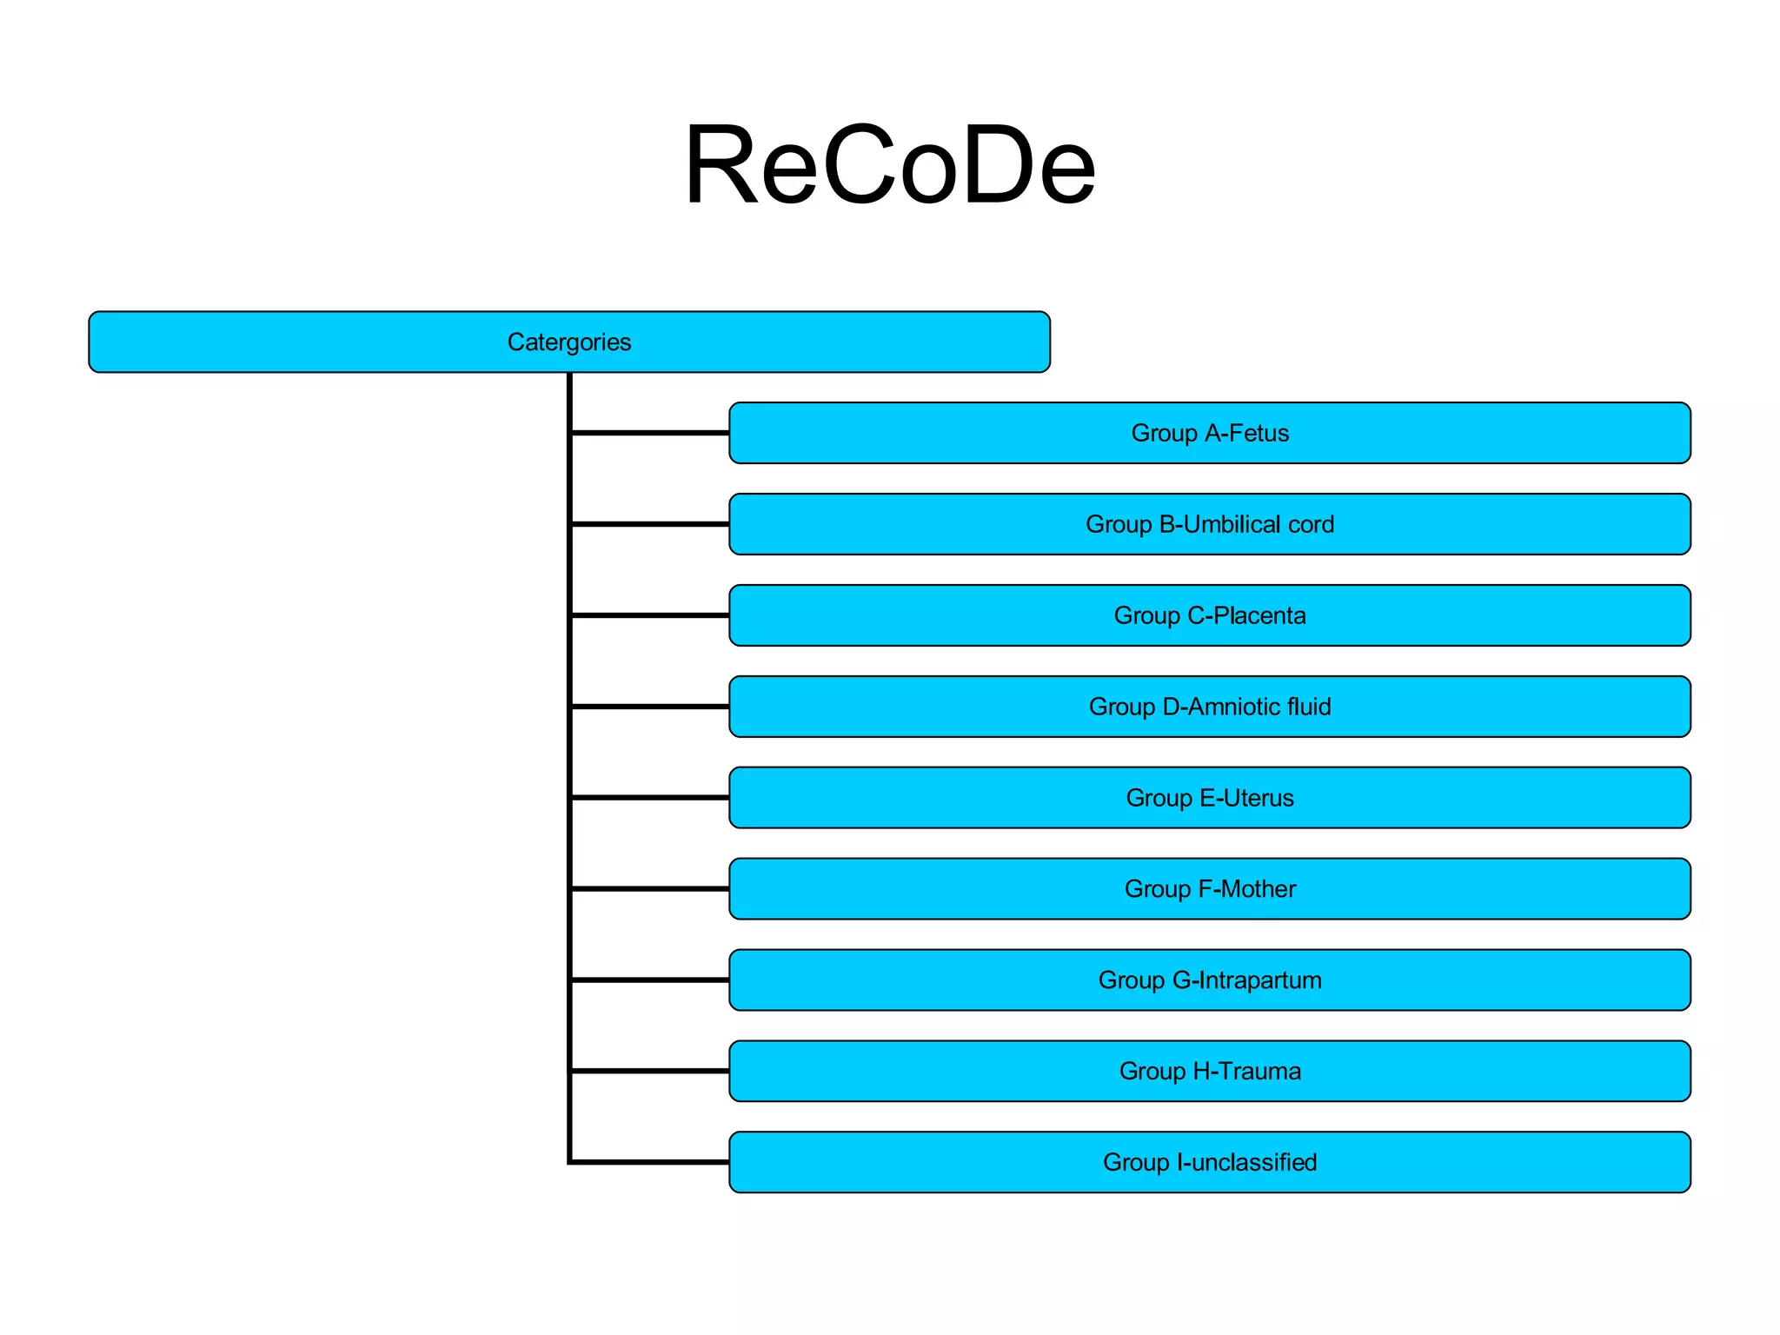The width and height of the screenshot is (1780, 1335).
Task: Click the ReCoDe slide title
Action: [x=889, y=165]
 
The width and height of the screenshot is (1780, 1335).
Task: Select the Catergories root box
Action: [x=569, y=342]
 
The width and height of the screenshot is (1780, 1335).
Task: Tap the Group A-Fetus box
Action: [x=1209, y=433]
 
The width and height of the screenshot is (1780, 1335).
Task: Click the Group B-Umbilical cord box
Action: [x=1209, y=524]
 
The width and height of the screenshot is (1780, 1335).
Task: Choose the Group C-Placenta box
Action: [x=1209, y=615]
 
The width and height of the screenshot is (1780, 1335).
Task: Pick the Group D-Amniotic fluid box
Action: [x=1209, y=707]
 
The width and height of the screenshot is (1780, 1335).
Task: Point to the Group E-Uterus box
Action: [x=1209, y=798]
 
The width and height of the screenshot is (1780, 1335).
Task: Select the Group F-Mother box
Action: [x=1209, y=889]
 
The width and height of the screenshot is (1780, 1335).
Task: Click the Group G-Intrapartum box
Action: [x=1209, y=980]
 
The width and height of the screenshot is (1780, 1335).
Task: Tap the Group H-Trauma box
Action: [x=1209, y=1071]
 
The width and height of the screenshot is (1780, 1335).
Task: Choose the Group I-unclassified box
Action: [x=1209, y=1162]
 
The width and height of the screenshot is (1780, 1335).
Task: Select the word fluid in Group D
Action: [x=1309, y=707]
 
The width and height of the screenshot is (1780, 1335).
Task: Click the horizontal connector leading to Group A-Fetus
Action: [x=650, y=432]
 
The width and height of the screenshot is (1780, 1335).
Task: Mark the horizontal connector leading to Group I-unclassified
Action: [x=650, y=1161]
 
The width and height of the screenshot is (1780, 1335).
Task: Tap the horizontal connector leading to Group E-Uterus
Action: [x=650, y=797]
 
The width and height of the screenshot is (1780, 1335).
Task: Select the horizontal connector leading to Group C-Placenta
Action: [x=650, y=614]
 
